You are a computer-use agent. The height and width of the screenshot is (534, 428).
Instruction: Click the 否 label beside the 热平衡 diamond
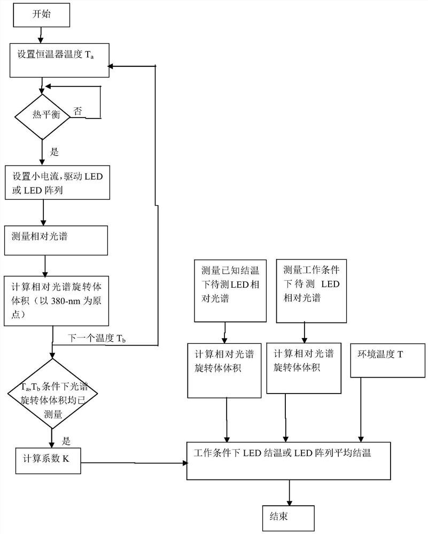point(78,111)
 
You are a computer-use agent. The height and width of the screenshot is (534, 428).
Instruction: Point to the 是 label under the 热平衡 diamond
point(54,152)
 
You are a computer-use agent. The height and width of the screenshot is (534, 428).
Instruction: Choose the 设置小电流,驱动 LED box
point(57,183)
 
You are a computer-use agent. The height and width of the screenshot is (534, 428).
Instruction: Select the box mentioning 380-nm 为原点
point(56,301)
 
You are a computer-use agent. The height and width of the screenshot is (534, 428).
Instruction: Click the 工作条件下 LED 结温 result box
point(289,460)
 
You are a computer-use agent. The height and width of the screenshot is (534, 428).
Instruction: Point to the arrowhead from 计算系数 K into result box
point(183,462)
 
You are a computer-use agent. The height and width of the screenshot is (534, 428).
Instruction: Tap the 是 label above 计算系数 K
point(67,441)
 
